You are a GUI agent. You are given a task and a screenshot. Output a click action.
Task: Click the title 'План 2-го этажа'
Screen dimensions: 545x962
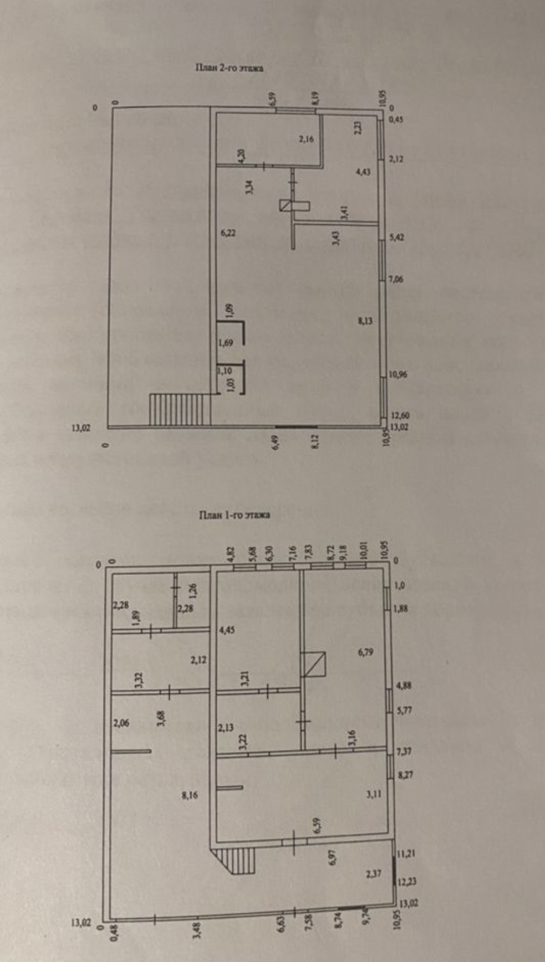pyautogui.click(x=228, y=68)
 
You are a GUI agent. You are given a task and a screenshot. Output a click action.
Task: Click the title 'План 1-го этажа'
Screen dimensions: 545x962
pyautogui.click(x=235, y=515)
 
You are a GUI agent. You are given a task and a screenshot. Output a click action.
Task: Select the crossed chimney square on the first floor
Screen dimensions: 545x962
pyautogui.click(x=313, y=664)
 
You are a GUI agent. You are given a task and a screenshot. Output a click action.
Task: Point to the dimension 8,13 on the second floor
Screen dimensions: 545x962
pyautogui.click(x=365, y=320)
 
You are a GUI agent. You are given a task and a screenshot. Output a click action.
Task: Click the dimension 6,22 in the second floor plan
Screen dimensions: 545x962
pyautogui.click(x=228, y=233)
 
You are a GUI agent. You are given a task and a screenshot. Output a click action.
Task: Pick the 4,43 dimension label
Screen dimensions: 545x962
pyautogui.click(x=363, y=172)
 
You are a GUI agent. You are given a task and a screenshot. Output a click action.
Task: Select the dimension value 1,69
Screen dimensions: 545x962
pyautogui.click(x=225, y=343)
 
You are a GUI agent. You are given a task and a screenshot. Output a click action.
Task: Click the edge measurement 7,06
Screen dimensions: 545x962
pyautogui.click(x=396, y=279)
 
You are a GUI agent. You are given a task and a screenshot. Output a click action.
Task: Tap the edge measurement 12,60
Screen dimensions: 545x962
pyautogui.click(x=400, y=415)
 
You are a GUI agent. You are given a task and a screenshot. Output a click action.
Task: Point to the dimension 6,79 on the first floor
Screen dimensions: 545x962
pyautogui.click(x=365, y=652)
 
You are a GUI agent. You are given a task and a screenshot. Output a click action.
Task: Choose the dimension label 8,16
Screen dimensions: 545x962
pyautogui.click(x=190, y=795)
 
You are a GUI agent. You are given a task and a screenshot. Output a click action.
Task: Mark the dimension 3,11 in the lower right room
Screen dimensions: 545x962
pyautogui.click(x=374, y=794)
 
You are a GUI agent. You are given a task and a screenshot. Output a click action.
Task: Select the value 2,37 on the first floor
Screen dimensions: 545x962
pyautogui.click(x=374, y=874)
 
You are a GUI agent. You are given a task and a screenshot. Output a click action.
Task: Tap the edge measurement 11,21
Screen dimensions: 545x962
pyautogui.click(x=406, y=853)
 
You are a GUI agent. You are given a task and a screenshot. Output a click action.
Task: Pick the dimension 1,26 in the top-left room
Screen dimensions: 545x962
pyautogui.click(x=192, y=591)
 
